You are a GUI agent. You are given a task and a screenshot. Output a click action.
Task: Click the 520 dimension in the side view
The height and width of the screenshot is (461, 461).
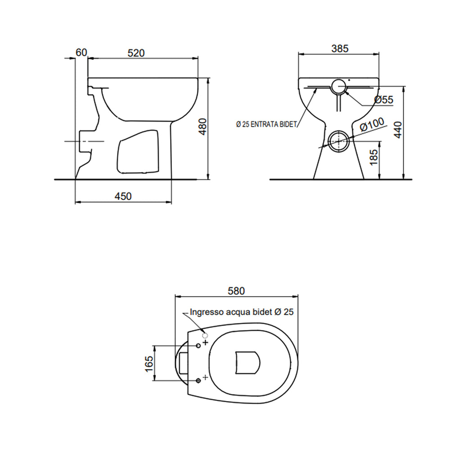pyautogui.click(x=136, y=53)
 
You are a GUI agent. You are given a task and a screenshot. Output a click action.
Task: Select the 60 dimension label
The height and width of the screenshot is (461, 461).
pyautogui.click(x=81, y=53)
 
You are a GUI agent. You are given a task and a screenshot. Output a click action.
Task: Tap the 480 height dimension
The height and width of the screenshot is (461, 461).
pyautogui.click(x=203, y=127)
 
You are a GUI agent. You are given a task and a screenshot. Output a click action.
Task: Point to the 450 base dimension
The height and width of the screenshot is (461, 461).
pyautogui.click(x=123, y=196)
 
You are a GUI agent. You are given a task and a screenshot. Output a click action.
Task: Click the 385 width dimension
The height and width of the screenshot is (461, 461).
pyautogui.click(x=339, y=49)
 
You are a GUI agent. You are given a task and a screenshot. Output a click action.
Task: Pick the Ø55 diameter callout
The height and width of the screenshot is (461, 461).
pyautogui.click(x=384, y=100)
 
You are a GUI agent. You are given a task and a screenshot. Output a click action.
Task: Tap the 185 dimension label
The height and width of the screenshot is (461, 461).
pyautogui.click(x=374, y=158)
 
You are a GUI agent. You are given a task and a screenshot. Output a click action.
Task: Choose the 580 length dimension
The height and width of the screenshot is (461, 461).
pyautogui.click(x=236, y=291)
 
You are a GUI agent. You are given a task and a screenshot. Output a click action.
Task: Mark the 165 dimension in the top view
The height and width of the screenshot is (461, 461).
pyautogui.click(x=149, y=363)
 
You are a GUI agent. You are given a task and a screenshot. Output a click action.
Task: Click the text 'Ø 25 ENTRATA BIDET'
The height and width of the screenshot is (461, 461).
pyautogui.click(x=266, y=125)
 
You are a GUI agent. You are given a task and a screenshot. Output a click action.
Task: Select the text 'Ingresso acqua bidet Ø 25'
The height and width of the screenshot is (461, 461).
pyautogui.click(x=242, y=312)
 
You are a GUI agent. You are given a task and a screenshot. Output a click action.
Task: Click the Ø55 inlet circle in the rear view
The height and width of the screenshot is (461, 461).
pyautogui.click(x=339, y=86)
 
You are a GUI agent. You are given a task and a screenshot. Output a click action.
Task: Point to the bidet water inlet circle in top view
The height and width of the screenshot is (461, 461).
pyautogui.click(x=205, y=335)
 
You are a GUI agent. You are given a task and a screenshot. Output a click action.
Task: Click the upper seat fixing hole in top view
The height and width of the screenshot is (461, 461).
pyautogui.click(x=198, y=345)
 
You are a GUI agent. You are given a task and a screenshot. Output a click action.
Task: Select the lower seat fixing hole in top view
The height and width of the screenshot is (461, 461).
pyautogui.click(x=198, y=381)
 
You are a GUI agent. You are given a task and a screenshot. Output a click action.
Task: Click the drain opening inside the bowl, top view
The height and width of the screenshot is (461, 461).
pyautogui.click(x=248, y=362)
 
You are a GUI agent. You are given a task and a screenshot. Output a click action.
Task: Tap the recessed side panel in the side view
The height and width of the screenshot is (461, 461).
pyautogui.click(x=138, y=152)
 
